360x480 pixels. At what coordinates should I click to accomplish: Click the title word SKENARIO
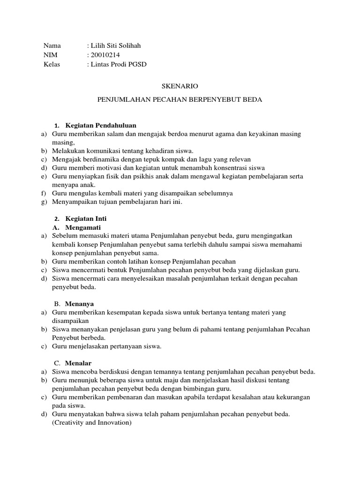[x=180, y=86]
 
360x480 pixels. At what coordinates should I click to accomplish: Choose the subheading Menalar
[x=78, y=363]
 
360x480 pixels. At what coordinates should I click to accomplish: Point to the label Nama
[x=52, y=46]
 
